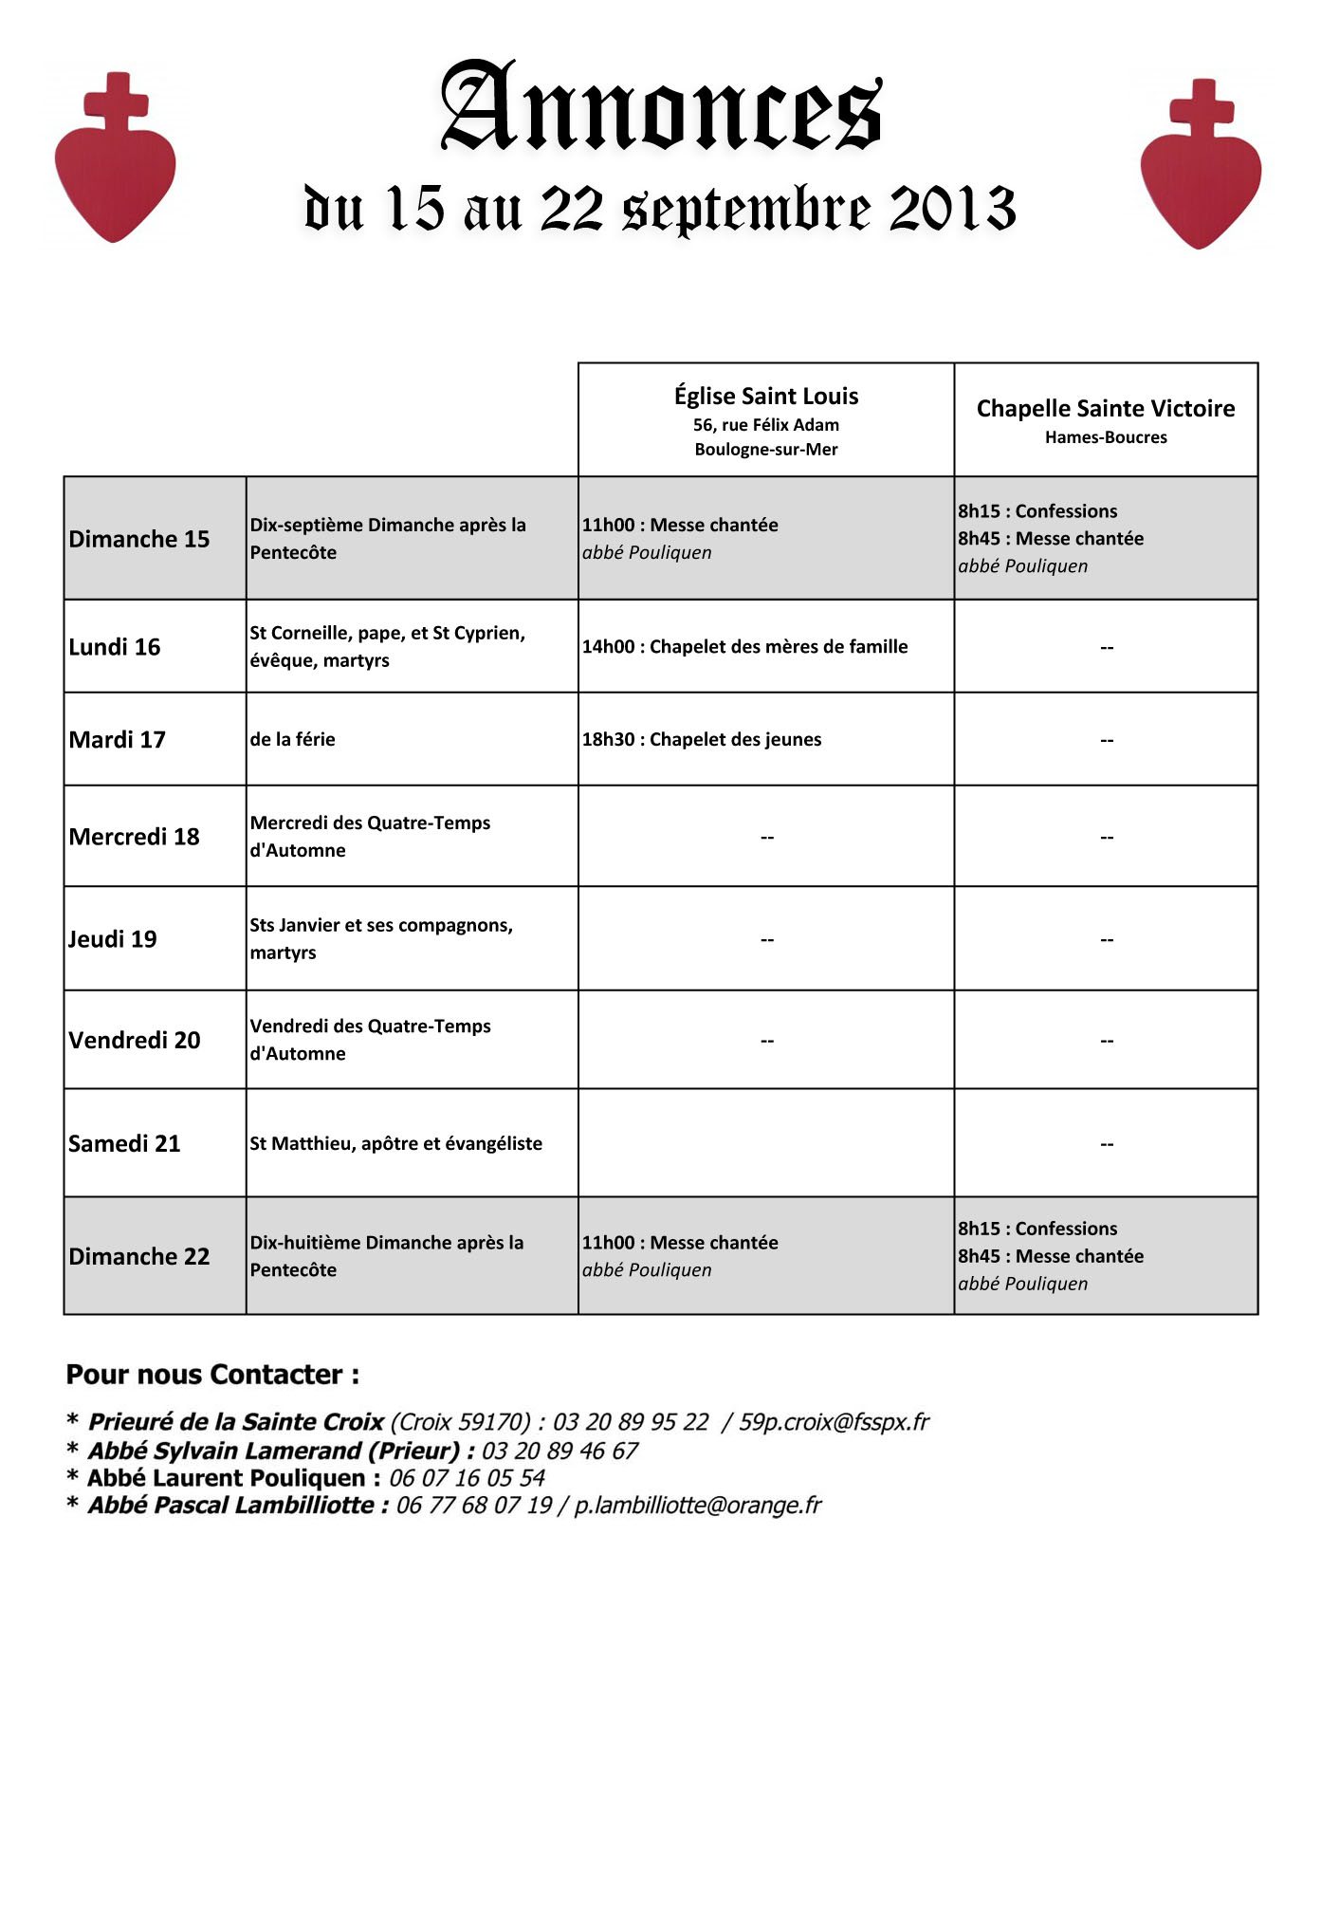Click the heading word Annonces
661,108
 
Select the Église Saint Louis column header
765,419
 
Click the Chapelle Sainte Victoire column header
1105,419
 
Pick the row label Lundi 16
115,647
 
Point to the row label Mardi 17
117,740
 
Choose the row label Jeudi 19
113,939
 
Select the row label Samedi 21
124,1144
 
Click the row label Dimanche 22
139,1257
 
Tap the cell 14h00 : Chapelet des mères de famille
744,647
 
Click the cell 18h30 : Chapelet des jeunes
702,740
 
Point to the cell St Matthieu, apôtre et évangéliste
395,1144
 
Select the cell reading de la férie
292,740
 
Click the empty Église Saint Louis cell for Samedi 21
765,1143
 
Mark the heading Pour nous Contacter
212,1375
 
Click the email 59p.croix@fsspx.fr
834,1422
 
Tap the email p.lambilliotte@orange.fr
698,1506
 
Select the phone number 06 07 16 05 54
467,1478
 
